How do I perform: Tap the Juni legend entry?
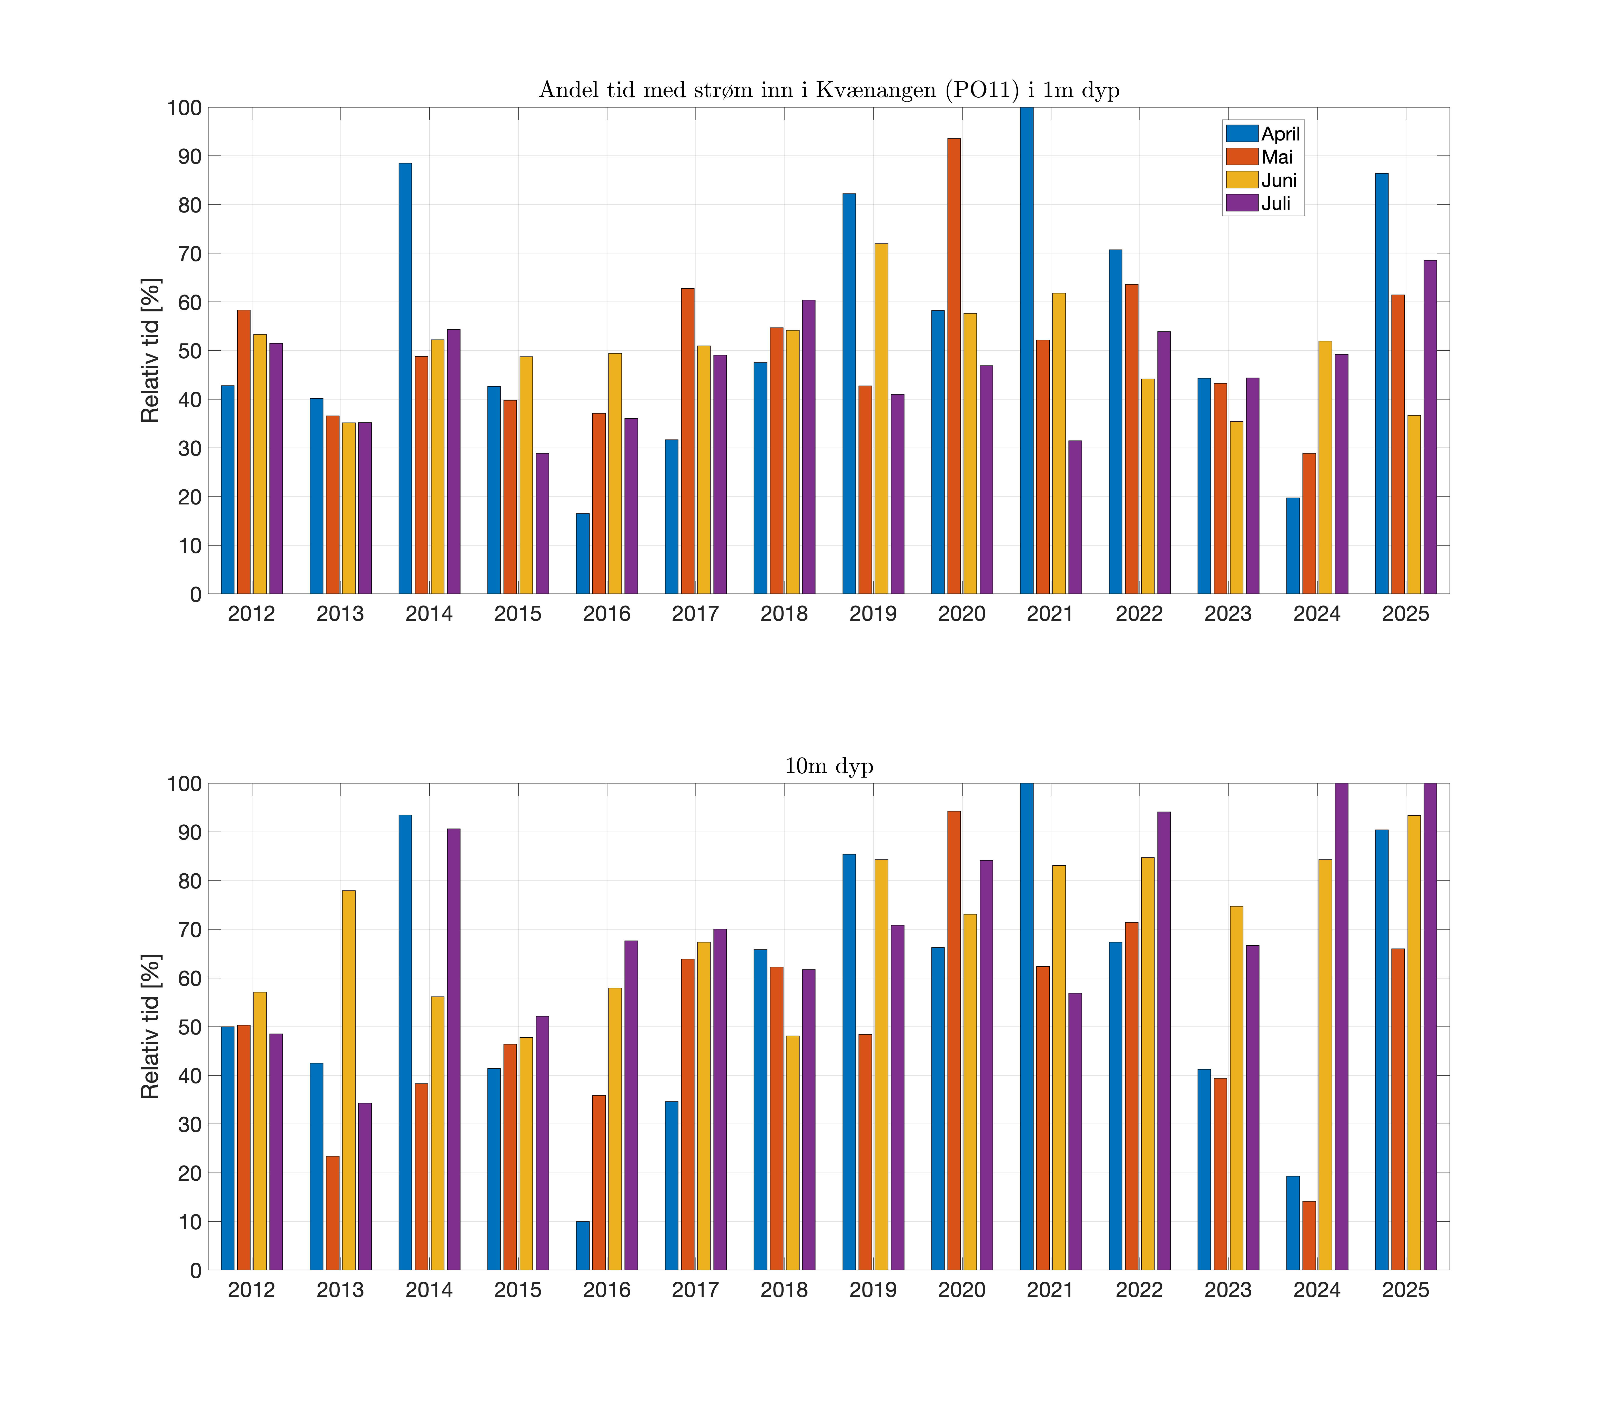coord(1279,180)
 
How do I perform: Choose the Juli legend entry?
coord(1276,204)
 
